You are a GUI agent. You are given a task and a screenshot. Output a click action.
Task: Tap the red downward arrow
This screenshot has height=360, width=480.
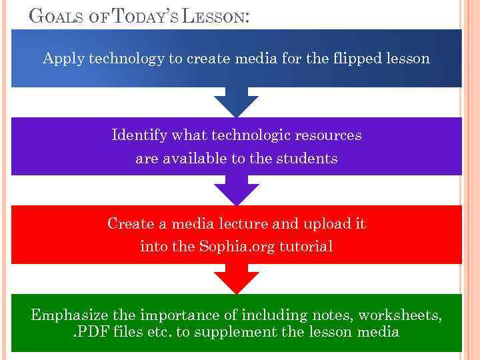[x=236, y=279]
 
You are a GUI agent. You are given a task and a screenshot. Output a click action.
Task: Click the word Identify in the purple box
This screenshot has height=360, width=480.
[x=140, y=135]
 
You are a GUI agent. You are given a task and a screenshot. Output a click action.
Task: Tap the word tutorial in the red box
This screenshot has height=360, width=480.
[x=306, y=246]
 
